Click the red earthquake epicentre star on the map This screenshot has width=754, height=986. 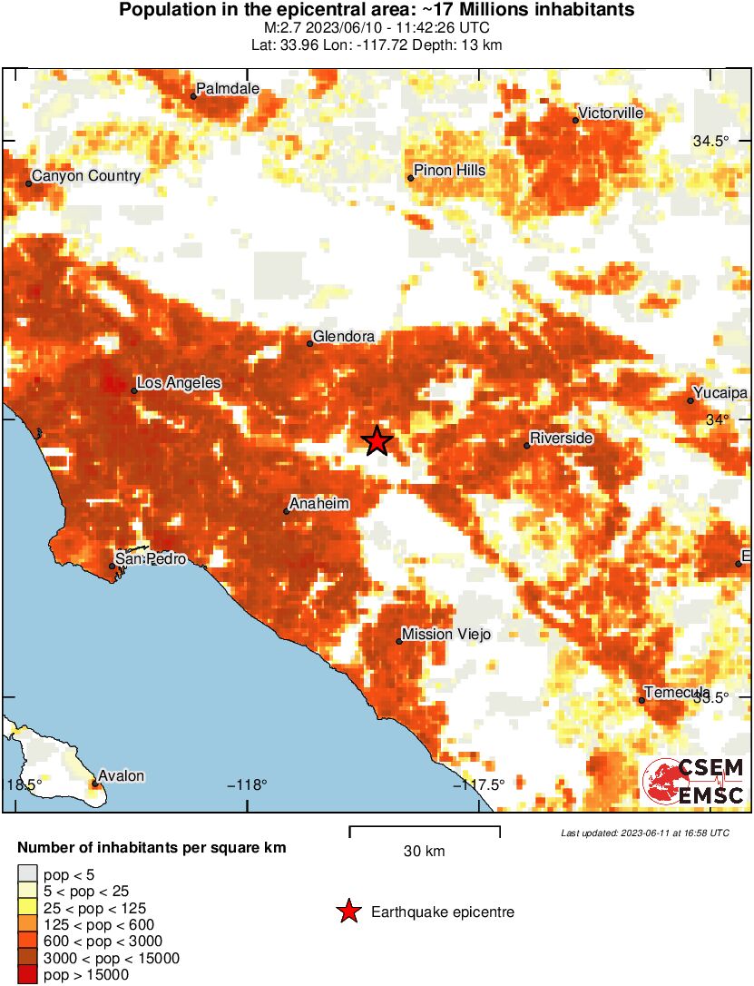coord(377,441)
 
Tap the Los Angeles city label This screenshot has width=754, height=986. coord(180,383)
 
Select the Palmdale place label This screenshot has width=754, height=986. coord(228,89)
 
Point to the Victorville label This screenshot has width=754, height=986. coord(611,113)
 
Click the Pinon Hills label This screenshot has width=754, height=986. coord(449,171)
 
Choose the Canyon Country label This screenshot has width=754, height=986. coord(86,176)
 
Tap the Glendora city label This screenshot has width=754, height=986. coord(343,337)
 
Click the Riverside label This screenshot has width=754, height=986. coord(561,439)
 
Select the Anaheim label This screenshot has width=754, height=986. coord(319,504)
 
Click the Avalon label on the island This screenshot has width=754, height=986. coord(122,776)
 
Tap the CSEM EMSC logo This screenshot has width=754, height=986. coord(693,780)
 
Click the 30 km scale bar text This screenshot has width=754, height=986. coord(424,852)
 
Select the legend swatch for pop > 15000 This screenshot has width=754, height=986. coord(27,975)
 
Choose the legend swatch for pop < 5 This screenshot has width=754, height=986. coord(27,875)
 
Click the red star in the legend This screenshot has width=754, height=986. coord(348,912)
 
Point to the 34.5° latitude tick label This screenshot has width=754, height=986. coord(710,142)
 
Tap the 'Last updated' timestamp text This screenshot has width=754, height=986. coord(644,833)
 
